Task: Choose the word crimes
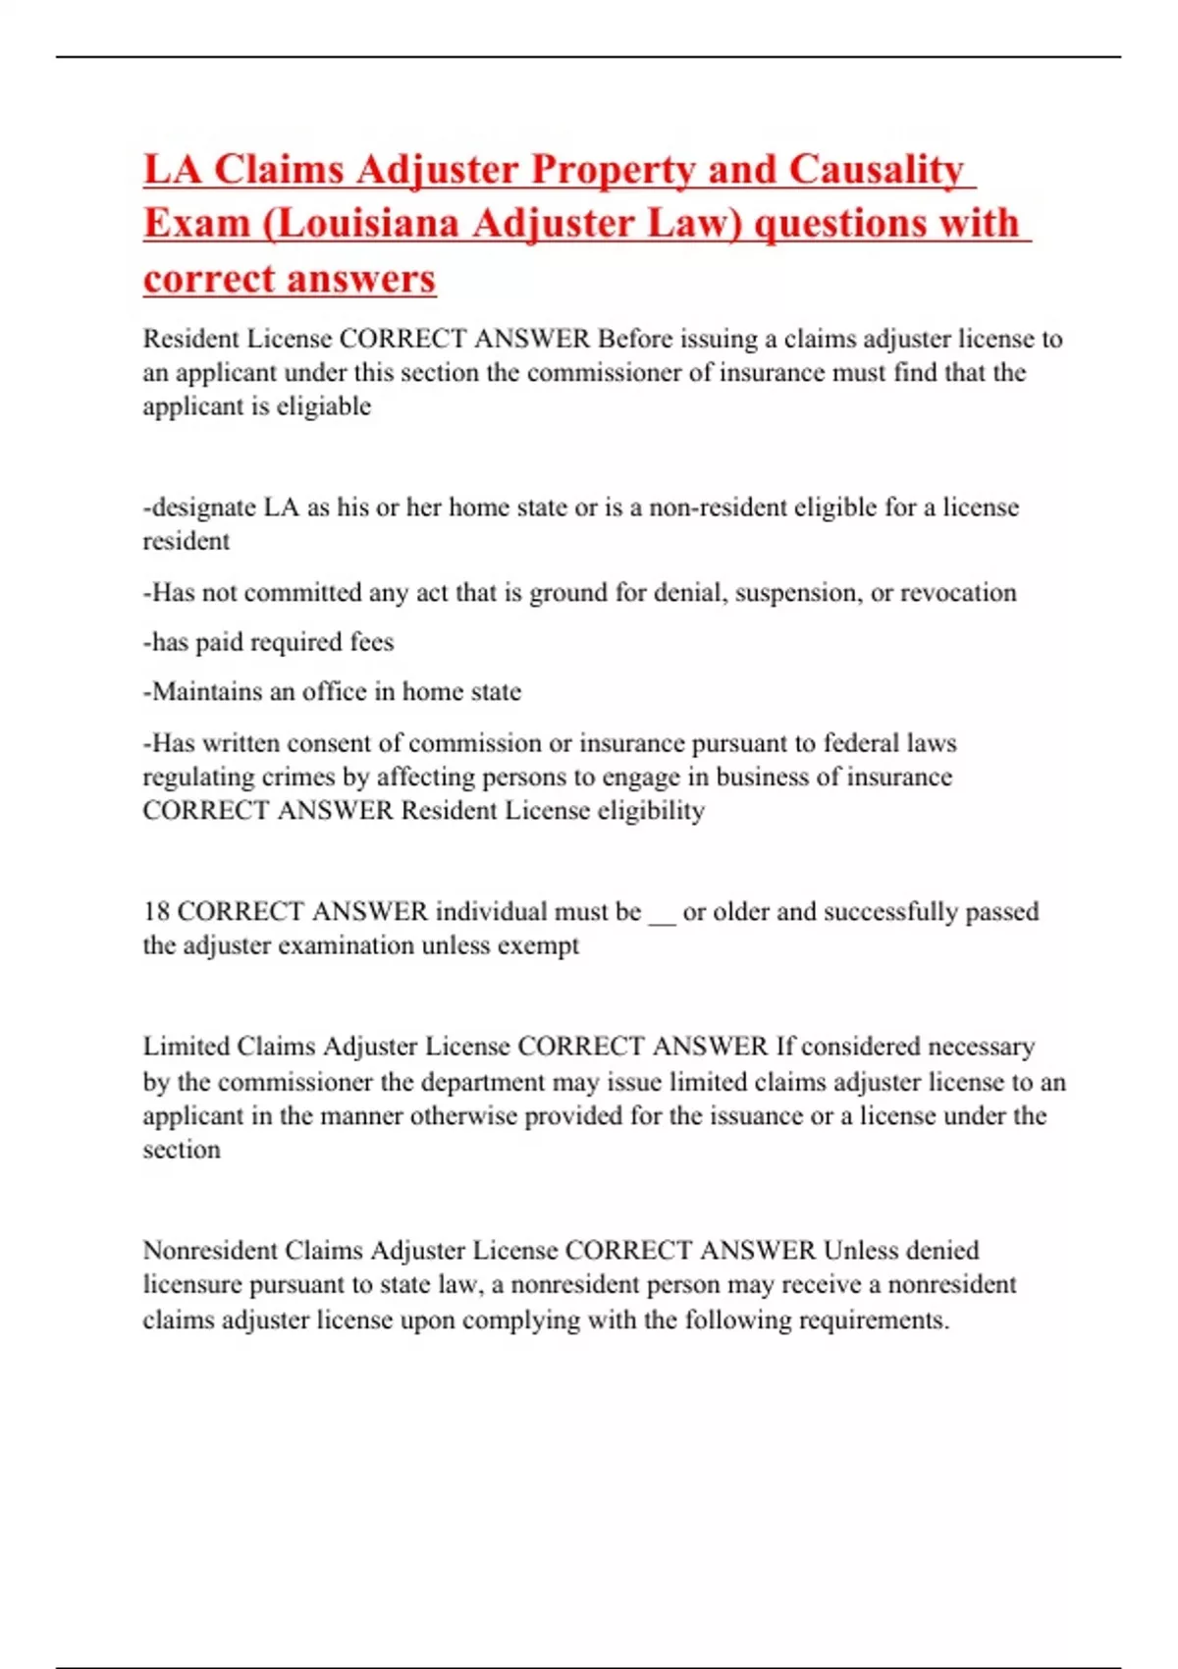click(x=298, y=777)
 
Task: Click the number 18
click(x=156, y=911)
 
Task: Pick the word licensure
click(x=192, y=1285)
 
